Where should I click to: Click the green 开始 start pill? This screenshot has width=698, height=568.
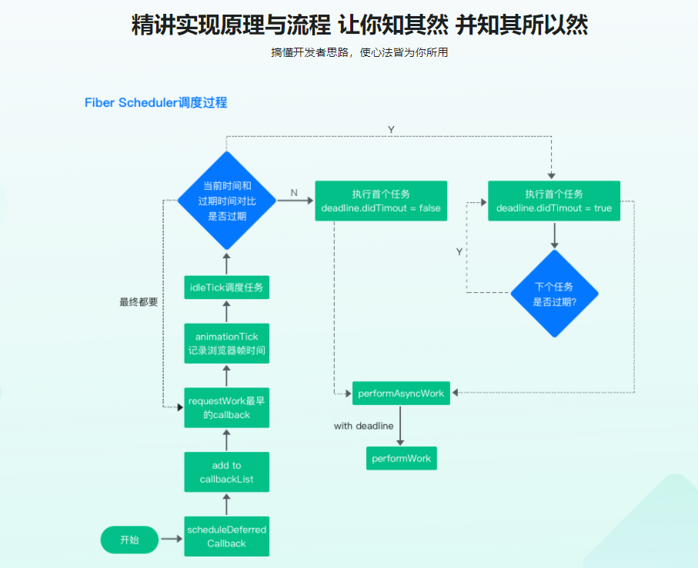click(x=129, y=540)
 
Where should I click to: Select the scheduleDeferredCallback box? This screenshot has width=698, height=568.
click(x=226, y=536)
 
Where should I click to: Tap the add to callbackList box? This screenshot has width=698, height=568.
click(x=226, y=472)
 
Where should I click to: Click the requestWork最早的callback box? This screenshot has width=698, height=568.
click(x=226, y=408)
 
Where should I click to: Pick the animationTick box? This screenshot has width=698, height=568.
click(x=226, y=344)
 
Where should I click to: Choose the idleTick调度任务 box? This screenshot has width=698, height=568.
click(x=226, y=287)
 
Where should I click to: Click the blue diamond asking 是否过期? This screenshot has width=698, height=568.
click(x=226, y=201)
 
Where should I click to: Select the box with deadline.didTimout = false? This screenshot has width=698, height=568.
click(x=381, y=201)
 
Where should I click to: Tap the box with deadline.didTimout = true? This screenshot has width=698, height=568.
click(x=554, y=201)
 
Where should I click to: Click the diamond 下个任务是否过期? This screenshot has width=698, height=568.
click(x=555, y=293)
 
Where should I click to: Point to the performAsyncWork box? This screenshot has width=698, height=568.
click(x=401, y=393)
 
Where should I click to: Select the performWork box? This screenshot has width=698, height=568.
click(x=401, y=458)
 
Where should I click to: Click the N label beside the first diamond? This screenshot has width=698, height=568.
click(x=294, y=191)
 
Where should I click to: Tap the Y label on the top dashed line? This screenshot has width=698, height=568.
click(x=391, y=129)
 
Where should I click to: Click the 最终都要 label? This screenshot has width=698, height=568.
click(x=139, y=302)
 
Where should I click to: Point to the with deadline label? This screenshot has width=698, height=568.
click(x=363, y=426)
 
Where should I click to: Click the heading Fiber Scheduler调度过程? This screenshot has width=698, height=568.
click(x=155, y=102)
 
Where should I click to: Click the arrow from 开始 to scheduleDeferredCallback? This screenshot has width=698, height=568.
click(x=171, y=540)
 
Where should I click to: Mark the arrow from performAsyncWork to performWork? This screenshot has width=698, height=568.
click(x=401, y=426)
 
